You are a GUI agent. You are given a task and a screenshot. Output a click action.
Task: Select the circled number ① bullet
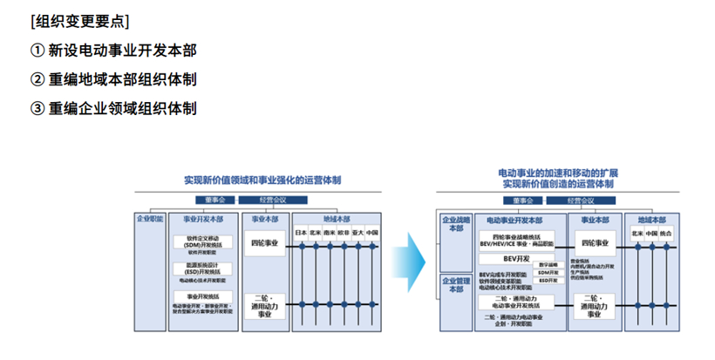pyautogui.click(x=37, y=49)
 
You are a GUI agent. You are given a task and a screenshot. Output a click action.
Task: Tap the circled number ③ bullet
pyautogui.click(x=37, y=108)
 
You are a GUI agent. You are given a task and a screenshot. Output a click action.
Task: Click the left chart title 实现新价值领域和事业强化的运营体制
pyautogui.click(x=262, y=180)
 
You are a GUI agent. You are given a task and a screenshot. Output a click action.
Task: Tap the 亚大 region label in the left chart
pyautogui.click(x=357, y=233)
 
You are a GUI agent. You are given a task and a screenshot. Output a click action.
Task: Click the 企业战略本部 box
pyautogui.click(x=456, y=225)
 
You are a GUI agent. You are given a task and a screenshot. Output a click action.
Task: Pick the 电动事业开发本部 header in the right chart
pyautogui.click(x=514, y=221)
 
